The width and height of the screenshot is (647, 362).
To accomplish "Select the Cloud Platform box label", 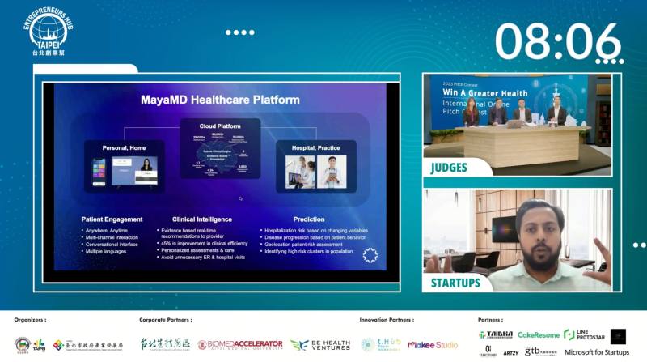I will [x=220, y=126].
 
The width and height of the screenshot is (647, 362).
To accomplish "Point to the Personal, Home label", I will [x=125, y=147].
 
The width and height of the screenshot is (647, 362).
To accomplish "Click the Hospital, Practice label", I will [x=316, y=147].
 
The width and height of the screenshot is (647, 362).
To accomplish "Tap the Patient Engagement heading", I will [x=112, y=219].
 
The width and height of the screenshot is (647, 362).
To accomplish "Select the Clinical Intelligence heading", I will [x=202, y=219].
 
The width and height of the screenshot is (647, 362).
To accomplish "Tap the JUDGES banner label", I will [x=450, y=168].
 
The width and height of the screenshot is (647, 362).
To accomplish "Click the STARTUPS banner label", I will [x=455, y=283].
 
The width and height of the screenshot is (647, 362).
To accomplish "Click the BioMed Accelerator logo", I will [x=240, y=344].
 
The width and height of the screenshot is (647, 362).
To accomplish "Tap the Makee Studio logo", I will [x=433, y=344].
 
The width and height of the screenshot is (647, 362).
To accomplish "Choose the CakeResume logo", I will [x=539, y=334].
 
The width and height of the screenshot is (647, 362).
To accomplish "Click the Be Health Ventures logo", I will [x=320, y=344].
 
